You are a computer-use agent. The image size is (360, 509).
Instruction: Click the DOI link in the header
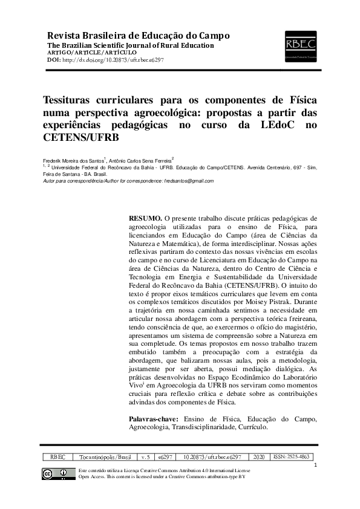[112, 60]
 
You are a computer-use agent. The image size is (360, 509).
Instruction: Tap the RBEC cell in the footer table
[58, 458]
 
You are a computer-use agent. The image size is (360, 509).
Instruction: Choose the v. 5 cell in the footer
[145, 458]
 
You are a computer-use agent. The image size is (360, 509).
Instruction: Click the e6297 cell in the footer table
[165, 458]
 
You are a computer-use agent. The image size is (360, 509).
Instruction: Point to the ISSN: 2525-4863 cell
[291, 458]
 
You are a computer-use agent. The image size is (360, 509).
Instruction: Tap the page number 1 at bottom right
[316, 465]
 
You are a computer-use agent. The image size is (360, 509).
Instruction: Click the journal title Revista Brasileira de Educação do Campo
[134, 34]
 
